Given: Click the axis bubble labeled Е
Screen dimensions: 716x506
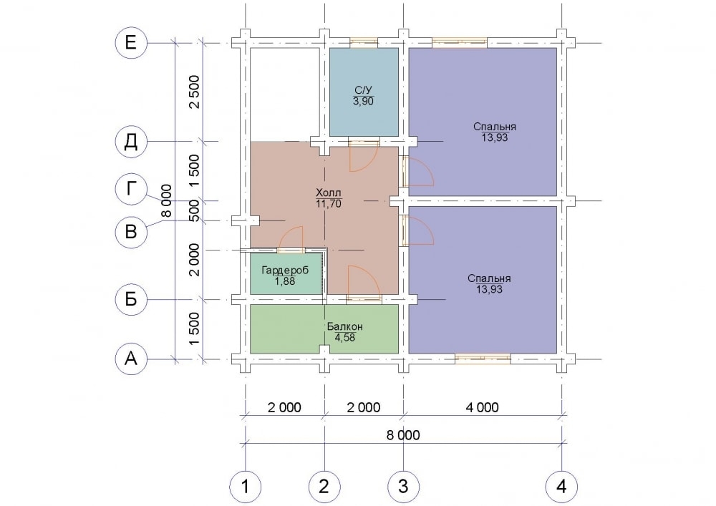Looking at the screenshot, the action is pos(130,43).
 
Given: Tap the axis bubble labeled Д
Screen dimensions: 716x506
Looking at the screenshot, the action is pos(130,142).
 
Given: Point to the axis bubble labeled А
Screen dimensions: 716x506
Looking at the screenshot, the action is pos(130,359).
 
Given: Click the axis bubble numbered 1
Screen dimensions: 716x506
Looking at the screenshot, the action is pos(245,487).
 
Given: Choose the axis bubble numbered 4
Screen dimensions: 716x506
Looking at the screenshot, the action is pos(561,487).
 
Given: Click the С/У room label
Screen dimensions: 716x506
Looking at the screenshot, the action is pos(363,90).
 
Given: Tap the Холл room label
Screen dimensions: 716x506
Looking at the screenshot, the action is pos(329,193).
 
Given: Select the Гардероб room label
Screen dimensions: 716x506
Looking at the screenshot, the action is pos(285,270).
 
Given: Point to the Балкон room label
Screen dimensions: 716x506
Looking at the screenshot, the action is pos(345,326).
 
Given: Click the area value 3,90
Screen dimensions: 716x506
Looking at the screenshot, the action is pos(363,102).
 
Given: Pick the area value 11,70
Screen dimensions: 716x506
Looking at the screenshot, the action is pos(329,204).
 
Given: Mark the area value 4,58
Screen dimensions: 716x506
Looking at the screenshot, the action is pos(345,338).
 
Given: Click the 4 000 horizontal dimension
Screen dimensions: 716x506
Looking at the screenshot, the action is pos(482,407).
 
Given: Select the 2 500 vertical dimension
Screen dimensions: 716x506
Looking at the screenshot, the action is pos(195,92).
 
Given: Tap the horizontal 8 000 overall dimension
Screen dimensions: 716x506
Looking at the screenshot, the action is pos(403,435).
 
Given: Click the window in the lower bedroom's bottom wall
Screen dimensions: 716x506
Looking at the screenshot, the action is pos(483,359).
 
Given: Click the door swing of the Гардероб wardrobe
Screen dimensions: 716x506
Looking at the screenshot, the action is pos(291,238).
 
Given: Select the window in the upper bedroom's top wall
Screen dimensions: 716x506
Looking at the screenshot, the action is pos(460,43).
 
